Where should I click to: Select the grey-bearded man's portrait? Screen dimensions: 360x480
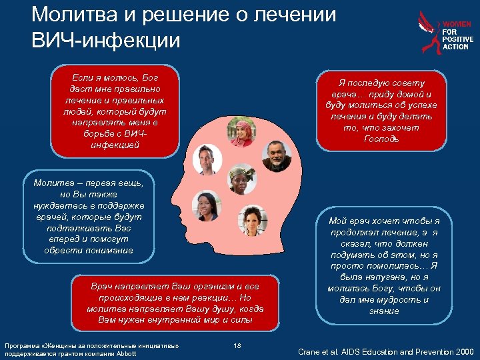click(274, 157)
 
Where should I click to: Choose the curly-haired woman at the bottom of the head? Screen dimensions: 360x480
click(254, 219)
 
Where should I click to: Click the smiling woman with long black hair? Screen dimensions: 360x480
click(205, 206)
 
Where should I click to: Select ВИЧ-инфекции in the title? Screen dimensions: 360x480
click(106, 41)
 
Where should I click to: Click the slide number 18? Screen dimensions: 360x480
click(237, 345)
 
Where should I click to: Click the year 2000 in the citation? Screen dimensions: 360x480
click(461, 351)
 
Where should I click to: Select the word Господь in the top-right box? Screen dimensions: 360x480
click(381, 139)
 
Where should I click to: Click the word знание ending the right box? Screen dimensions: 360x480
click(383, 311)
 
